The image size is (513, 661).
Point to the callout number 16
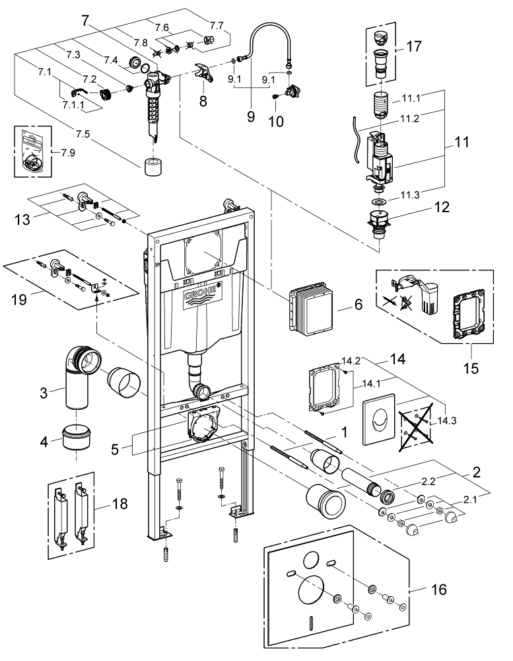coord(438,588)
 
